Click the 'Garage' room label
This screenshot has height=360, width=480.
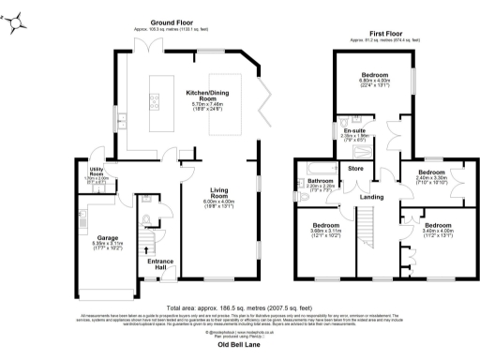point(108,239)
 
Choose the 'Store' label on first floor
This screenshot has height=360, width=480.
point(354,170)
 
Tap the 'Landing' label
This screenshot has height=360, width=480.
point(371,197)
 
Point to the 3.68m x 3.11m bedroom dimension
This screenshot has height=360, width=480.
point(325,232)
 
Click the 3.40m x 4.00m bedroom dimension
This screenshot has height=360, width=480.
point(431,232)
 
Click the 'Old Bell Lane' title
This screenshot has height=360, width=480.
point(238,344)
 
